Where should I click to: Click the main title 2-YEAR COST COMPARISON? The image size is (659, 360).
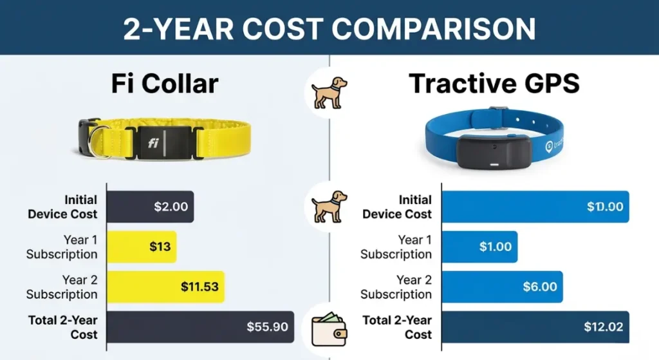click(329, 28)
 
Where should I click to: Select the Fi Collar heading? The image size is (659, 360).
click(165, 84)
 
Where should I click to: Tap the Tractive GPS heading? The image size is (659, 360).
click(494, 84)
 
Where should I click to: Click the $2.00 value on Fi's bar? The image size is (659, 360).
click(171, 207)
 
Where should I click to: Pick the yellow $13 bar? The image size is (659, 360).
click(142, 247)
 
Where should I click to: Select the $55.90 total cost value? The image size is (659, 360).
click(267, 327)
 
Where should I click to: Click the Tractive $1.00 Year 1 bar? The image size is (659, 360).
click(479, 247)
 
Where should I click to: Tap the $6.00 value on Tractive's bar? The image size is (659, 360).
click(539, 287)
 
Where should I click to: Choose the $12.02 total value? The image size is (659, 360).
click(603, 327)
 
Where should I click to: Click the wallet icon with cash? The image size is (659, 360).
click(329, 328)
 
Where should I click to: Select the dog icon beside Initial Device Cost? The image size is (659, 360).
click(329, 206)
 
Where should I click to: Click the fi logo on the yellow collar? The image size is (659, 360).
click(153, 143)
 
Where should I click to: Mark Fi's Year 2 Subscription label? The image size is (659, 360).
click(62, 287)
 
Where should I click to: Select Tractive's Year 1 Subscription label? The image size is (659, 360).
click(396, 247)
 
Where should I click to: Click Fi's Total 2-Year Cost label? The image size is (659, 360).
click(63, 327)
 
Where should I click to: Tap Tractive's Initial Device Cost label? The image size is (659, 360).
click(396, 207)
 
